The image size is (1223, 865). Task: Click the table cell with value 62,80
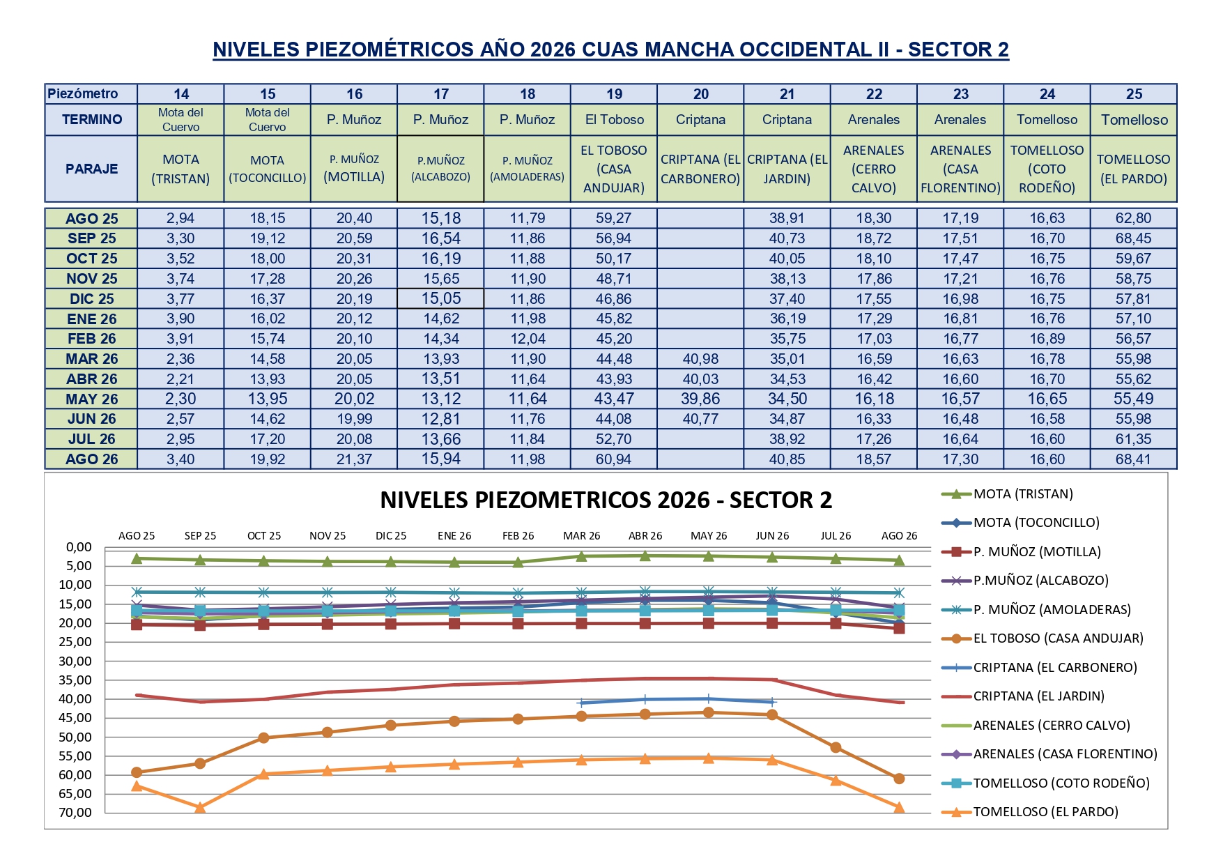click(1133, 218)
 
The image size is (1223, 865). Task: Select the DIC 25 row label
click(91, 299)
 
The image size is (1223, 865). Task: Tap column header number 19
click(614, 94)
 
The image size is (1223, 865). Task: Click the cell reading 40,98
click(700, 359)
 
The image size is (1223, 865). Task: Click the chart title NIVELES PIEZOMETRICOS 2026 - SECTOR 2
click(606, 500)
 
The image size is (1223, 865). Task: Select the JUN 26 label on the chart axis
click(772, 536)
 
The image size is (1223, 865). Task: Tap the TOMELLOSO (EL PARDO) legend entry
click(1030, 812)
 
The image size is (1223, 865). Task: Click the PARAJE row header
click(91, 169)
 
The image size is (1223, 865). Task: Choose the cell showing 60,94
click(614, 459)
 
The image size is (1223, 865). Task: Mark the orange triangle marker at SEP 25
click(200, 807)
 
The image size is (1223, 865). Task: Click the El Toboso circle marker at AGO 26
click(899, 779)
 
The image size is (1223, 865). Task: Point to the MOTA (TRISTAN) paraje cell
click(180, 169)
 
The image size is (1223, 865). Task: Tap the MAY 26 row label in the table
click(91, 399)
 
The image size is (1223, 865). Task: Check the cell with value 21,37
click(354, 459)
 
